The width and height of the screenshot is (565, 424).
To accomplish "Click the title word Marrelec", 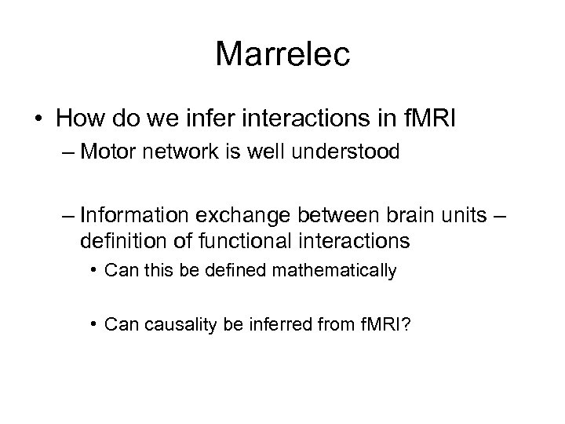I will pyautogui.click(x=282, y=54).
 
